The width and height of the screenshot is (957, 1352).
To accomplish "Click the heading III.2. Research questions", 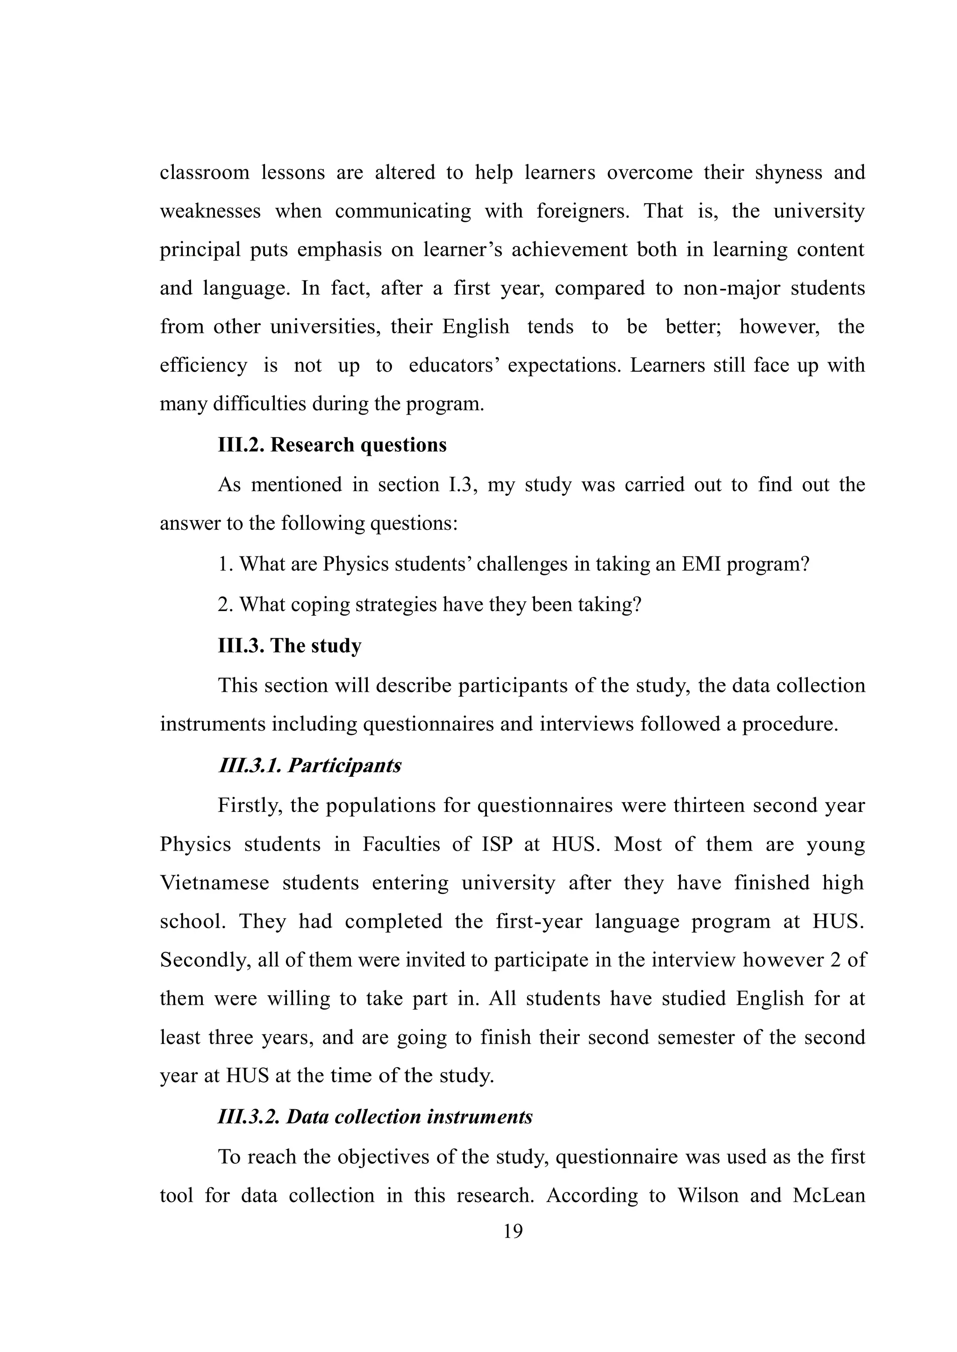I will pos(332,445).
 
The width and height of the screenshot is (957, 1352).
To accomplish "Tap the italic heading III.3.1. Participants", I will pos(310,766).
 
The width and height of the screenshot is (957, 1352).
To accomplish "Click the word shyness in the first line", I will pos(788,173).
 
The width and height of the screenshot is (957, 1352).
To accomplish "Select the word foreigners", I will pos(583,211).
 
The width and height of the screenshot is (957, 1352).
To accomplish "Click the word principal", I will pos(200,250).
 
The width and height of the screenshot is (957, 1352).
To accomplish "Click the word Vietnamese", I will pos(214,883).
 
